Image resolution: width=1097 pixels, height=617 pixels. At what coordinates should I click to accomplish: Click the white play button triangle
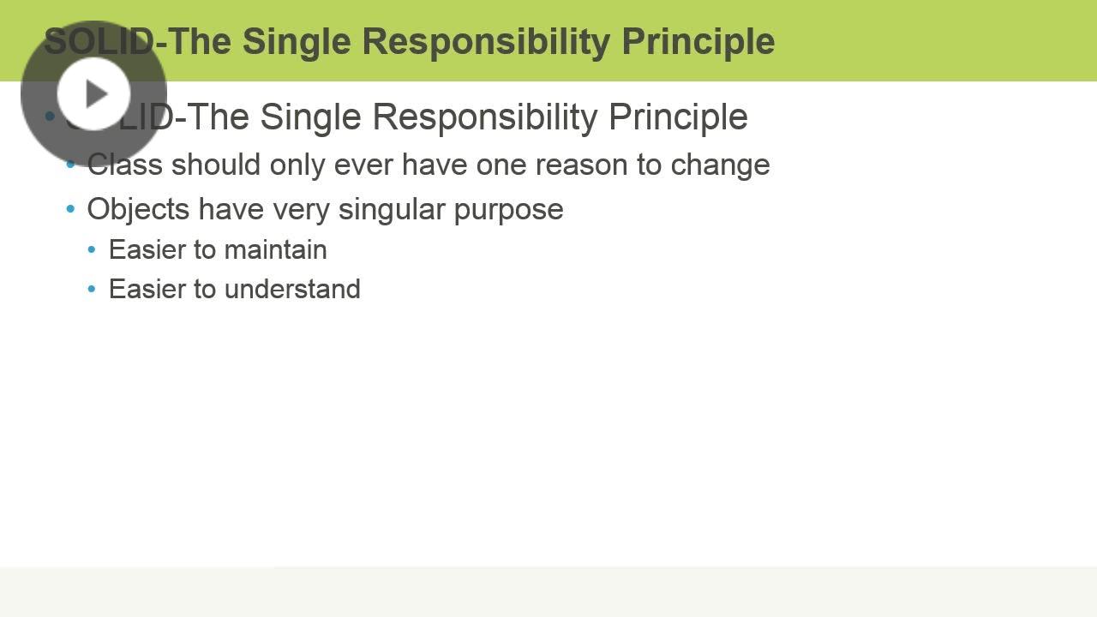point(96,93)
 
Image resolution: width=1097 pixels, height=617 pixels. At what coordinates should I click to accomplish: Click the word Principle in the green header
point(698,43)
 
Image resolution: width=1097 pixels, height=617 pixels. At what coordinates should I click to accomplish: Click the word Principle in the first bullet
point(678,118)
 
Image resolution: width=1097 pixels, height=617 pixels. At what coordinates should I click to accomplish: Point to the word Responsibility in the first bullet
point(485,118)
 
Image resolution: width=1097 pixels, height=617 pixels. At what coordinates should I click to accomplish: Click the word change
point(720,165)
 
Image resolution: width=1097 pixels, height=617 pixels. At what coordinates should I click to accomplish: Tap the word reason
point(581,165)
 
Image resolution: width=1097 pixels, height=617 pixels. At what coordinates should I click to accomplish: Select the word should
point(215,164)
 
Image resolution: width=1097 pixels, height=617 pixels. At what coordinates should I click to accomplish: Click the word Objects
point(138,210)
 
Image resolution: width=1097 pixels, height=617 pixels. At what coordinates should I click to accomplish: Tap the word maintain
point(276,249)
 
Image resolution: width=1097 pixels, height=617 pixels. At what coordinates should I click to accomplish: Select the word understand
point(292,289)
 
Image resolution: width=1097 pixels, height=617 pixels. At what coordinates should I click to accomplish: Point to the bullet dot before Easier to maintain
point(92,249)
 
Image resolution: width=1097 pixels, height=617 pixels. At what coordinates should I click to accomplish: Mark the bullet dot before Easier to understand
point(92,289)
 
